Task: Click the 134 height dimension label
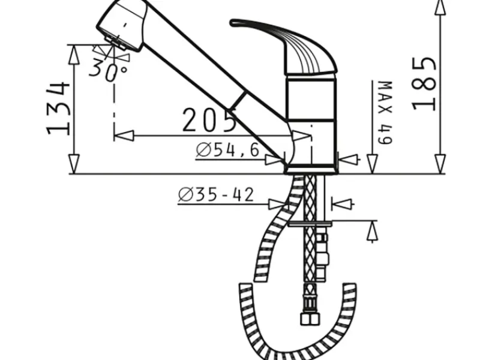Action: click(x=59, y=109)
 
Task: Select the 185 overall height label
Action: click(x=424, y=84)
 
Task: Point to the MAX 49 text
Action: click(x=385, y=112)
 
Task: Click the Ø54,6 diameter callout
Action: click(x=228, y=150)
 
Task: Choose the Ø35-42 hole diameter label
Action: click(x=216, y=194)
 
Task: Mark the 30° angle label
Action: click(x=108, y=70)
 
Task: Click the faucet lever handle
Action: click(x=283, y=47)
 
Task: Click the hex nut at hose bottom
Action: click(x=310, y=319)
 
